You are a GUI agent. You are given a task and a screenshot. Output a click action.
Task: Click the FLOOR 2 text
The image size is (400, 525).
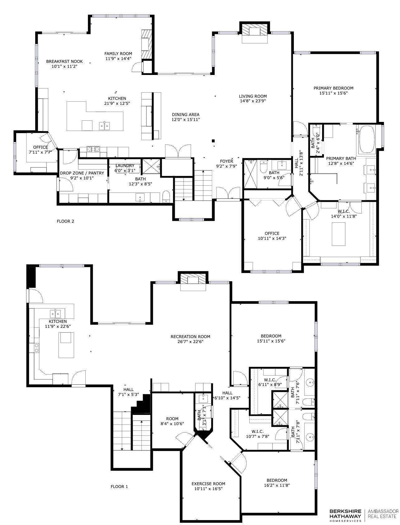pos(65,221)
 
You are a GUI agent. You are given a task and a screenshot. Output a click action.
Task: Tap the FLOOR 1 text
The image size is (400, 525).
pos(119,487)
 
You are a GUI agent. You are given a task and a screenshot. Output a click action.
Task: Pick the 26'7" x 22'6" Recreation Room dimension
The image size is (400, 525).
pos(190,341)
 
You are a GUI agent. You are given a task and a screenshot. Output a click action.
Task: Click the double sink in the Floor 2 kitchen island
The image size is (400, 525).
pos(105,126)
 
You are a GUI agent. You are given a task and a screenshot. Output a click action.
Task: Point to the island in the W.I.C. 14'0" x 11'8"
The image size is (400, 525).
pos(338,234)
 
